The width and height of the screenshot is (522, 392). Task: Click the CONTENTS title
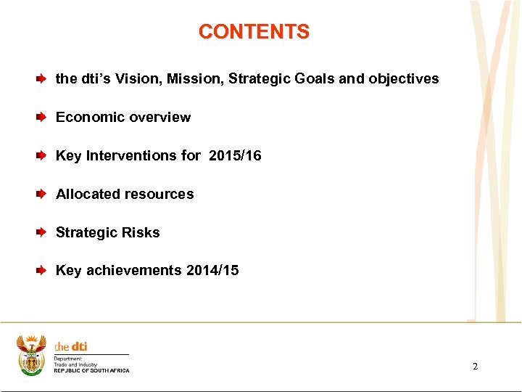[x=254, y=32]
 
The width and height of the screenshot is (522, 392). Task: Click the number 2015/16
[x=235, y=155]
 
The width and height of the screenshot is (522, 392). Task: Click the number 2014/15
[x=212, y=270]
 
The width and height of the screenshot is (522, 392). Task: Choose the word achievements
[x=134, y=270]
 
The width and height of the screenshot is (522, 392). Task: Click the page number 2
[x=475, y=367]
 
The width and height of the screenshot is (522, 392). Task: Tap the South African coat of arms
[x=31, y=355]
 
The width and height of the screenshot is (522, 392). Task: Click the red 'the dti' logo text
[x=70, y=347]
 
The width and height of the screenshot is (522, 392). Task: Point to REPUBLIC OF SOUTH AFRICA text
[x=91, y=371]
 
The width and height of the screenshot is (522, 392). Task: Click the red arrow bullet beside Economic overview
[x=42, y=117]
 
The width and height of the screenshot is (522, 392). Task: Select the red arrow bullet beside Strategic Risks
[x=42, y=232]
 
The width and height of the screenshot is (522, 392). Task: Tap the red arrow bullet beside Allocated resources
[x=42, y=194]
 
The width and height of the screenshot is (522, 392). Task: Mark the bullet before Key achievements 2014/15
[x=42, y=270]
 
